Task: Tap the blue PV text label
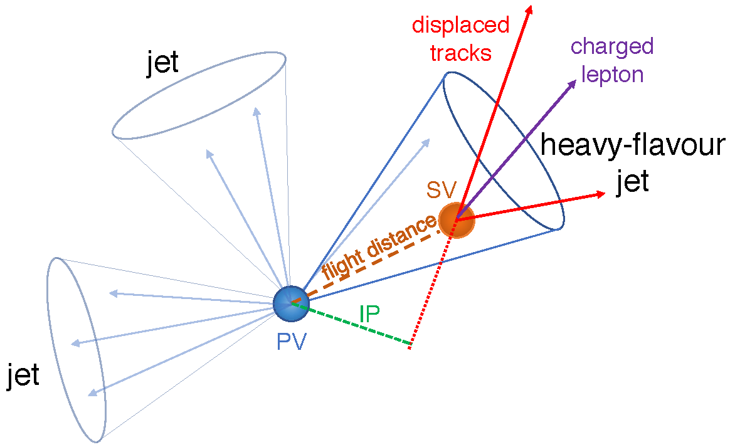[290, 342]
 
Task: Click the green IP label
[369, 313]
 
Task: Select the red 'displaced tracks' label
[460, 39]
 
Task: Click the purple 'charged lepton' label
[612, 60]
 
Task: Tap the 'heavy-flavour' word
[632, 146]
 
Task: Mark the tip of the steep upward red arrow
[531, 8]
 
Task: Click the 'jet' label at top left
[162, 63]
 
